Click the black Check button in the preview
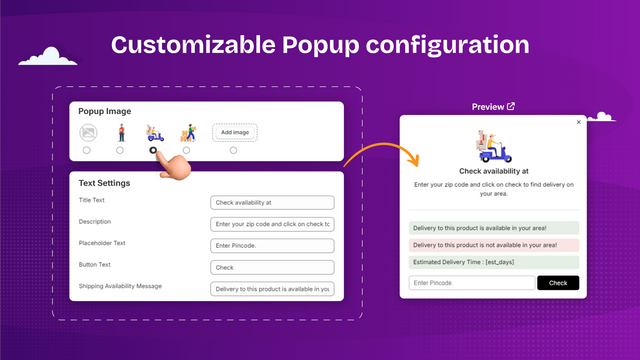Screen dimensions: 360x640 click(x=558, y=283)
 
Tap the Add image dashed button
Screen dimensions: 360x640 click(x=234, y=132)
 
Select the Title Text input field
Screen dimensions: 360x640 click(x=272, y=201)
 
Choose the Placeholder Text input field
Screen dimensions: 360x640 click(x=272, y=245)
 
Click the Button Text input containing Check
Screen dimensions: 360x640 click(x=272, y=267)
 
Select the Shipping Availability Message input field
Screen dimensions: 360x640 click(x=272, y=289)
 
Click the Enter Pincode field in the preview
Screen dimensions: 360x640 click(x=472, y=283)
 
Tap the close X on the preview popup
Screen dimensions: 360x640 click(x=578, y=122)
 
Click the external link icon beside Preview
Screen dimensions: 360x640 click(x=511, y=106)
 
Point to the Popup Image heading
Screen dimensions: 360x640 click(x=105, y=111)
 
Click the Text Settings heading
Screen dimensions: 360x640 click(x=105, y=183)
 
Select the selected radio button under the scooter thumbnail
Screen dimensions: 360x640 click(x=153, y=150)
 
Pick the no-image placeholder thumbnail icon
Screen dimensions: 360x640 click(x=87, y=132)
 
